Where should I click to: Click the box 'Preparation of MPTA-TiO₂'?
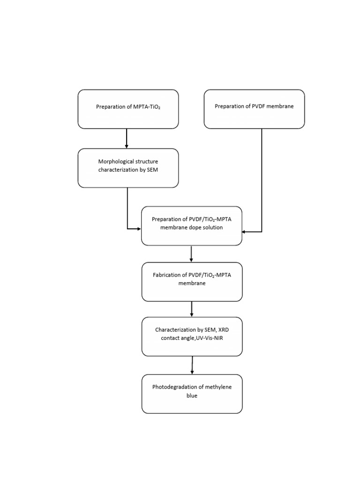[x=128, y=109]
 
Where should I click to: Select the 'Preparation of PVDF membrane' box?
[x=254, y=109]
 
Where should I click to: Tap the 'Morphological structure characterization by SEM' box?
[x=128, y=168]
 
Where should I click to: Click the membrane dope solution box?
[x=192, y=225]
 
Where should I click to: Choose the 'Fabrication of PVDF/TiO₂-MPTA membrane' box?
[x=192, y=281]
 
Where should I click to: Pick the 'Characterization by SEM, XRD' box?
[x=192, y=337]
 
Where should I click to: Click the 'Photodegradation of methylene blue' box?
[x=192, y=393]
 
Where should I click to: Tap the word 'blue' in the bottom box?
[x=192, y=396]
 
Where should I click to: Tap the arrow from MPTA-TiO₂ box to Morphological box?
[x=127, y=139]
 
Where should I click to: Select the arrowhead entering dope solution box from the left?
[x=138, y=229]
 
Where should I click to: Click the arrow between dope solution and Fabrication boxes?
[x=191, y=254]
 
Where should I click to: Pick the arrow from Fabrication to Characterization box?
[x=192, y=309]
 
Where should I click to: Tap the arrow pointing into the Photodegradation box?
[x=192, y=365]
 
